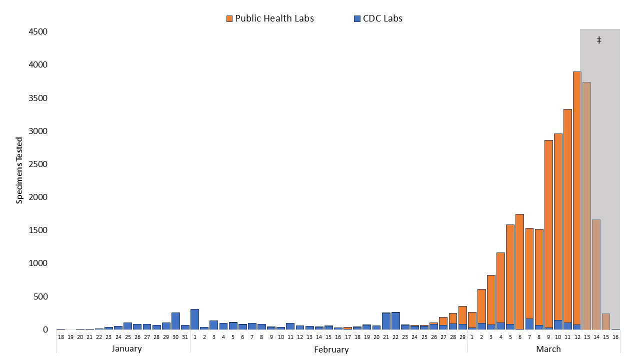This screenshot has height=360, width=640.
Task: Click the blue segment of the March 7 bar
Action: click(529, 324)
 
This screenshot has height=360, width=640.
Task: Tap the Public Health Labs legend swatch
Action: click(229, 18)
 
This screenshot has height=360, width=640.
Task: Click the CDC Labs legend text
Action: click(383, 18)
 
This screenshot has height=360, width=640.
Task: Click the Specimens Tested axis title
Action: click(19, 170)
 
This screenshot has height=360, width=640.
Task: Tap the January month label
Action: click(127, 348)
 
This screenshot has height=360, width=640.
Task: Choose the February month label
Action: click(331, 349)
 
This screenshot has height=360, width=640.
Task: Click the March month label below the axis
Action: click(548, 348)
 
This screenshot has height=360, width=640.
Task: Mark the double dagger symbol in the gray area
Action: click(599, 40)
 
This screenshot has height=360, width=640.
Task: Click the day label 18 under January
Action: click(60, 337)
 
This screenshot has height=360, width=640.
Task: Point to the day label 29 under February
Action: click(462, 337)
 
